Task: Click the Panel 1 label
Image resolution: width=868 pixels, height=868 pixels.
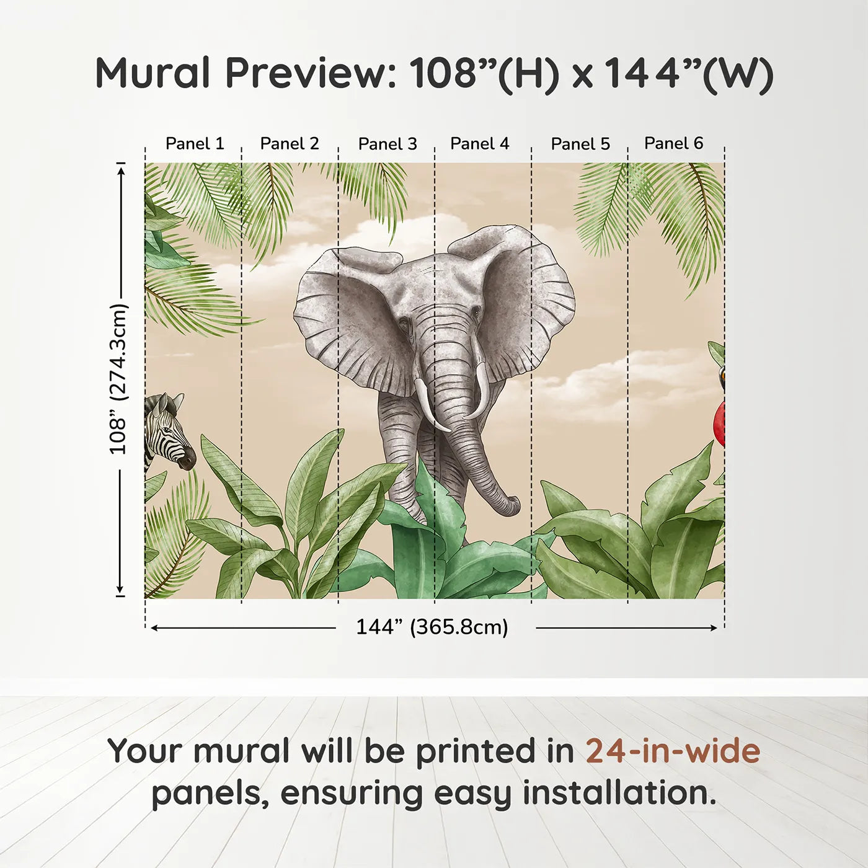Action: click(x=195, y=144)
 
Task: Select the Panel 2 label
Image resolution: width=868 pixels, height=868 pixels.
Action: click(x=290, y=144)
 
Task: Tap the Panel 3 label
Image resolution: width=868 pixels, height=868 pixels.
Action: click(x=387, y=144)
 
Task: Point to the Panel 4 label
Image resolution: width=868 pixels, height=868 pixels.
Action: click(x=479, y=144)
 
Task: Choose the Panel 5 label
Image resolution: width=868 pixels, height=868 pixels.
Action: click(x=580, y=144)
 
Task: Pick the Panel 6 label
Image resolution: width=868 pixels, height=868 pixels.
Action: click(x=673, y=144)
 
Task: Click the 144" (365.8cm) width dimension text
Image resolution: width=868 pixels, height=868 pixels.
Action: click(x=432, y=627)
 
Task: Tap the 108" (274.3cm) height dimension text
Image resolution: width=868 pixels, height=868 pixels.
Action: click(x=118, y=379)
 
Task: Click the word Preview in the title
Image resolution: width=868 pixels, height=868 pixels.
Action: click(x=307, y=74)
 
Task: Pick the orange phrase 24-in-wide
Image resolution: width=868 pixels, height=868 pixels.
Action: click(x=673, y=751)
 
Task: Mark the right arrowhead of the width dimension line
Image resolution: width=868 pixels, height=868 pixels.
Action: click(x=714, y=628)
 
